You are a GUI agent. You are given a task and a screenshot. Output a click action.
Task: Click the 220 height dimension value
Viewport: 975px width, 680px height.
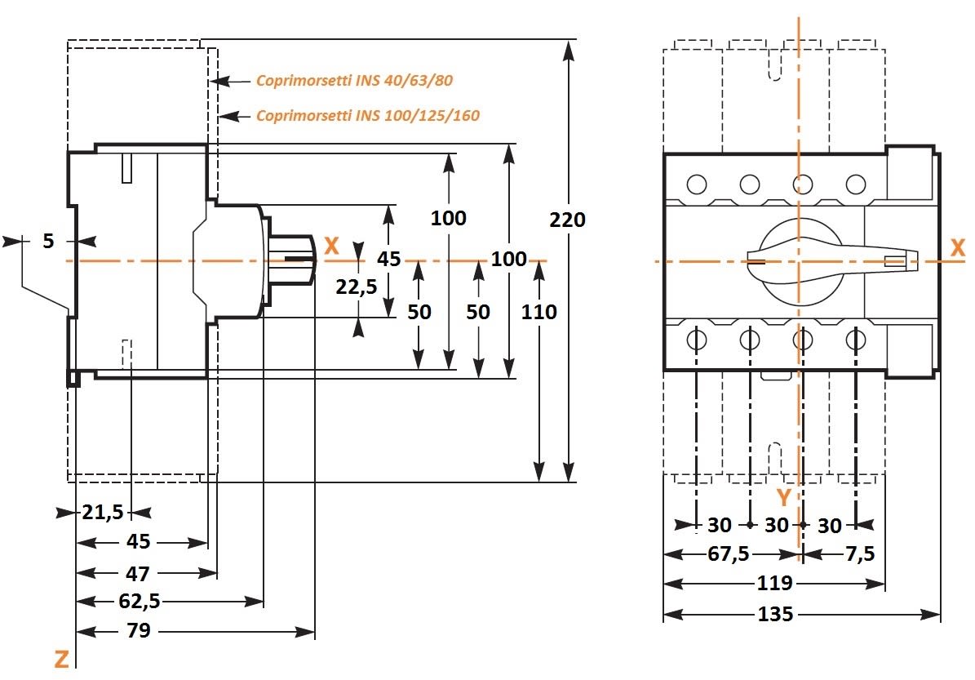pos(567,220)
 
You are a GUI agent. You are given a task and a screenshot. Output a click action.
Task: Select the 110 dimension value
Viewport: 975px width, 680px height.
pos(539,312)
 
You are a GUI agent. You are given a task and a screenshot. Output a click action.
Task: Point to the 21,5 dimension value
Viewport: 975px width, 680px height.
pos(102,513)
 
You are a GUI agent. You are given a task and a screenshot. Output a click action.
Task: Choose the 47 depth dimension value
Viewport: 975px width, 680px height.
pos(138,573)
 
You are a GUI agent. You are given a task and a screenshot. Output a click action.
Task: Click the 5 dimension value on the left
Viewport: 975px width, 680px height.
pos(48,241)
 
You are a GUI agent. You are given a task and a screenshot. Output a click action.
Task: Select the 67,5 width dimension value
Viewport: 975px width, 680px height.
pos(729,554)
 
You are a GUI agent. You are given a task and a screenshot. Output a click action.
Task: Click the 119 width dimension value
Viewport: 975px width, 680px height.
pos(774,584)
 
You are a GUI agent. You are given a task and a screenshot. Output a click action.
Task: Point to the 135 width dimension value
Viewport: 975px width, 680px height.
pos(774,614)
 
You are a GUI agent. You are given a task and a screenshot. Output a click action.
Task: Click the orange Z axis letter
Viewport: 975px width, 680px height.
pos(61,659)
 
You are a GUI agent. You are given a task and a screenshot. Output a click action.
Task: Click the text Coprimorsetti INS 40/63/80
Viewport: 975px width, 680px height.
pos(354,81)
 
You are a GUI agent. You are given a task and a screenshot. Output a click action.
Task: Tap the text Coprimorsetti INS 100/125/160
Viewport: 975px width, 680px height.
pos(367,115)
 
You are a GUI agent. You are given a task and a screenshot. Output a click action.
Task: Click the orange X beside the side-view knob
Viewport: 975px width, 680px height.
pos(331,246)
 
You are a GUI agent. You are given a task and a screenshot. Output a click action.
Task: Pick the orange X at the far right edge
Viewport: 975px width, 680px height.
pos(958,249)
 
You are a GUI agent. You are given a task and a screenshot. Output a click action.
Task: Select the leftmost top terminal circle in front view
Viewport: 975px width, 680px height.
pos(697,184)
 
